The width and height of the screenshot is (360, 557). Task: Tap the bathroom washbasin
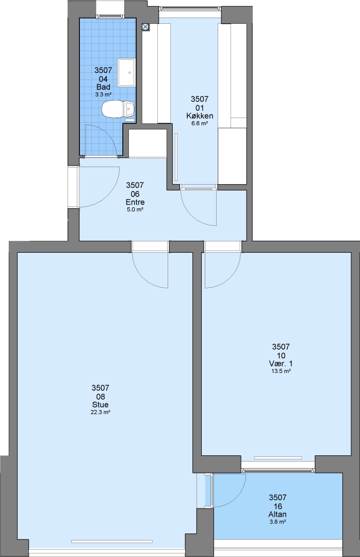click(x=126, y=72)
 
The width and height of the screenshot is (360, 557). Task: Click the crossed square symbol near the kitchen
click(x=145, y=26)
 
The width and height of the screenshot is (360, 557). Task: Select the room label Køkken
click(x=200, y=116)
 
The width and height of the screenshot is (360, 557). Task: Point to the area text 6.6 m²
click(x=200, y=123)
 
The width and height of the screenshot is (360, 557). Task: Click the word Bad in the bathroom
click(x=104, y=87)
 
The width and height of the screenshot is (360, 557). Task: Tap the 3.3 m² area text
click(x=104, y=94)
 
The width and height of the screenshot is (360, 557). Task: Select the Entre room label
click(x=135, y=202)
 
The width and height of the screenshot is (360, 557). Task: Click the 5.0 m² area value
click(x=135, y=209)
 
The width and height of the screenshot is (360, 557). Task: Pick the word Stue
click(x=100, y=405)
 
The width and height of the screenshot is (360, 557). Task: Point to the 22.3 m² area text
click(x=100, y=412)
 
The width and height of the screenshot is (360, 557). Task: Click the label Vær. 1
click(x=281, y=364)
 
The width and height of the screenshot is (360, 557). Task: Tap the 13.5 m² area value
click(x=281, y=371)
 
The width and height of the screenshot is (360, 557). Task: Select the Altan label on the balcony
click(x=277, y=514)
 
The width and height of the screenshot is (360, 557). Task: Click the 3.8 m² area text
click(x=277, y=521)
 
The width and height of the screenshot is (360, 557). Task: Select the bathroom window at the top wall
click(x=110, y=16)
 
